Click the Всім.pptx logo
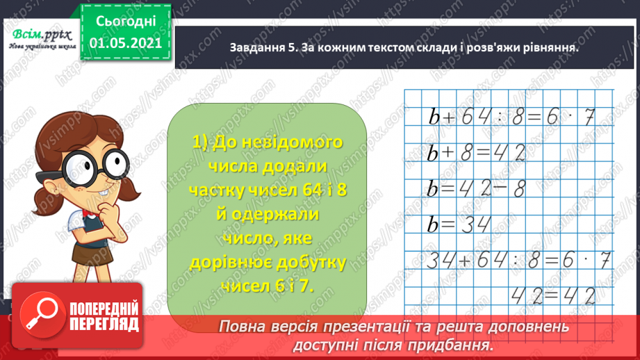[40, 35]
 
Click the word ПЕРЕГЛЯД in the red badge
[105, 324]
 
